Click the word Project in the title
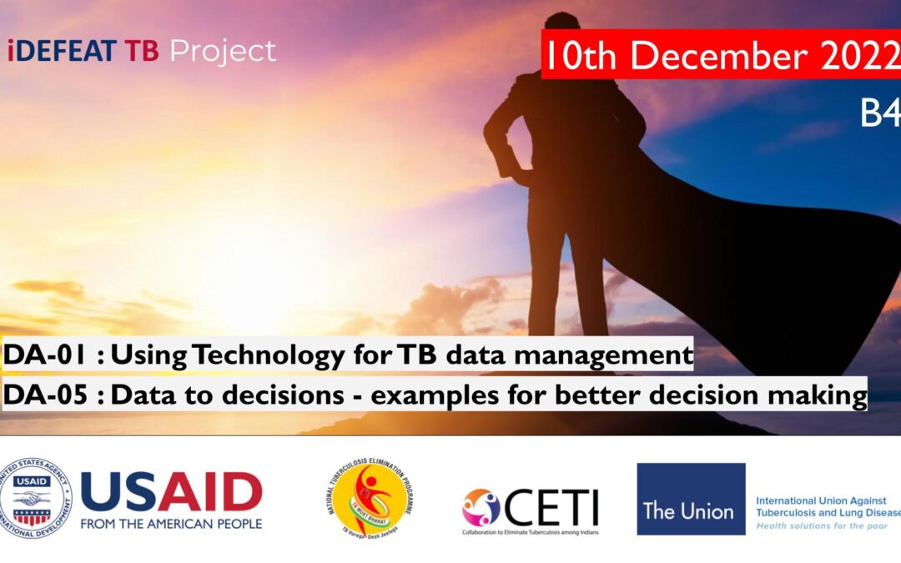(223, 52)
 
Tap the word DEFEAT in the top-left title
(66, 52)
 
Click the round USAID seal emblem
(36, 498)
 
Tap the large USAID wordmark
(171, 492)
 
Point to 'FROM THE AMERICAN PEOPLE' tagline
(171, 524)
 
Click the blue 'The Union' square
(691, 499)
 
